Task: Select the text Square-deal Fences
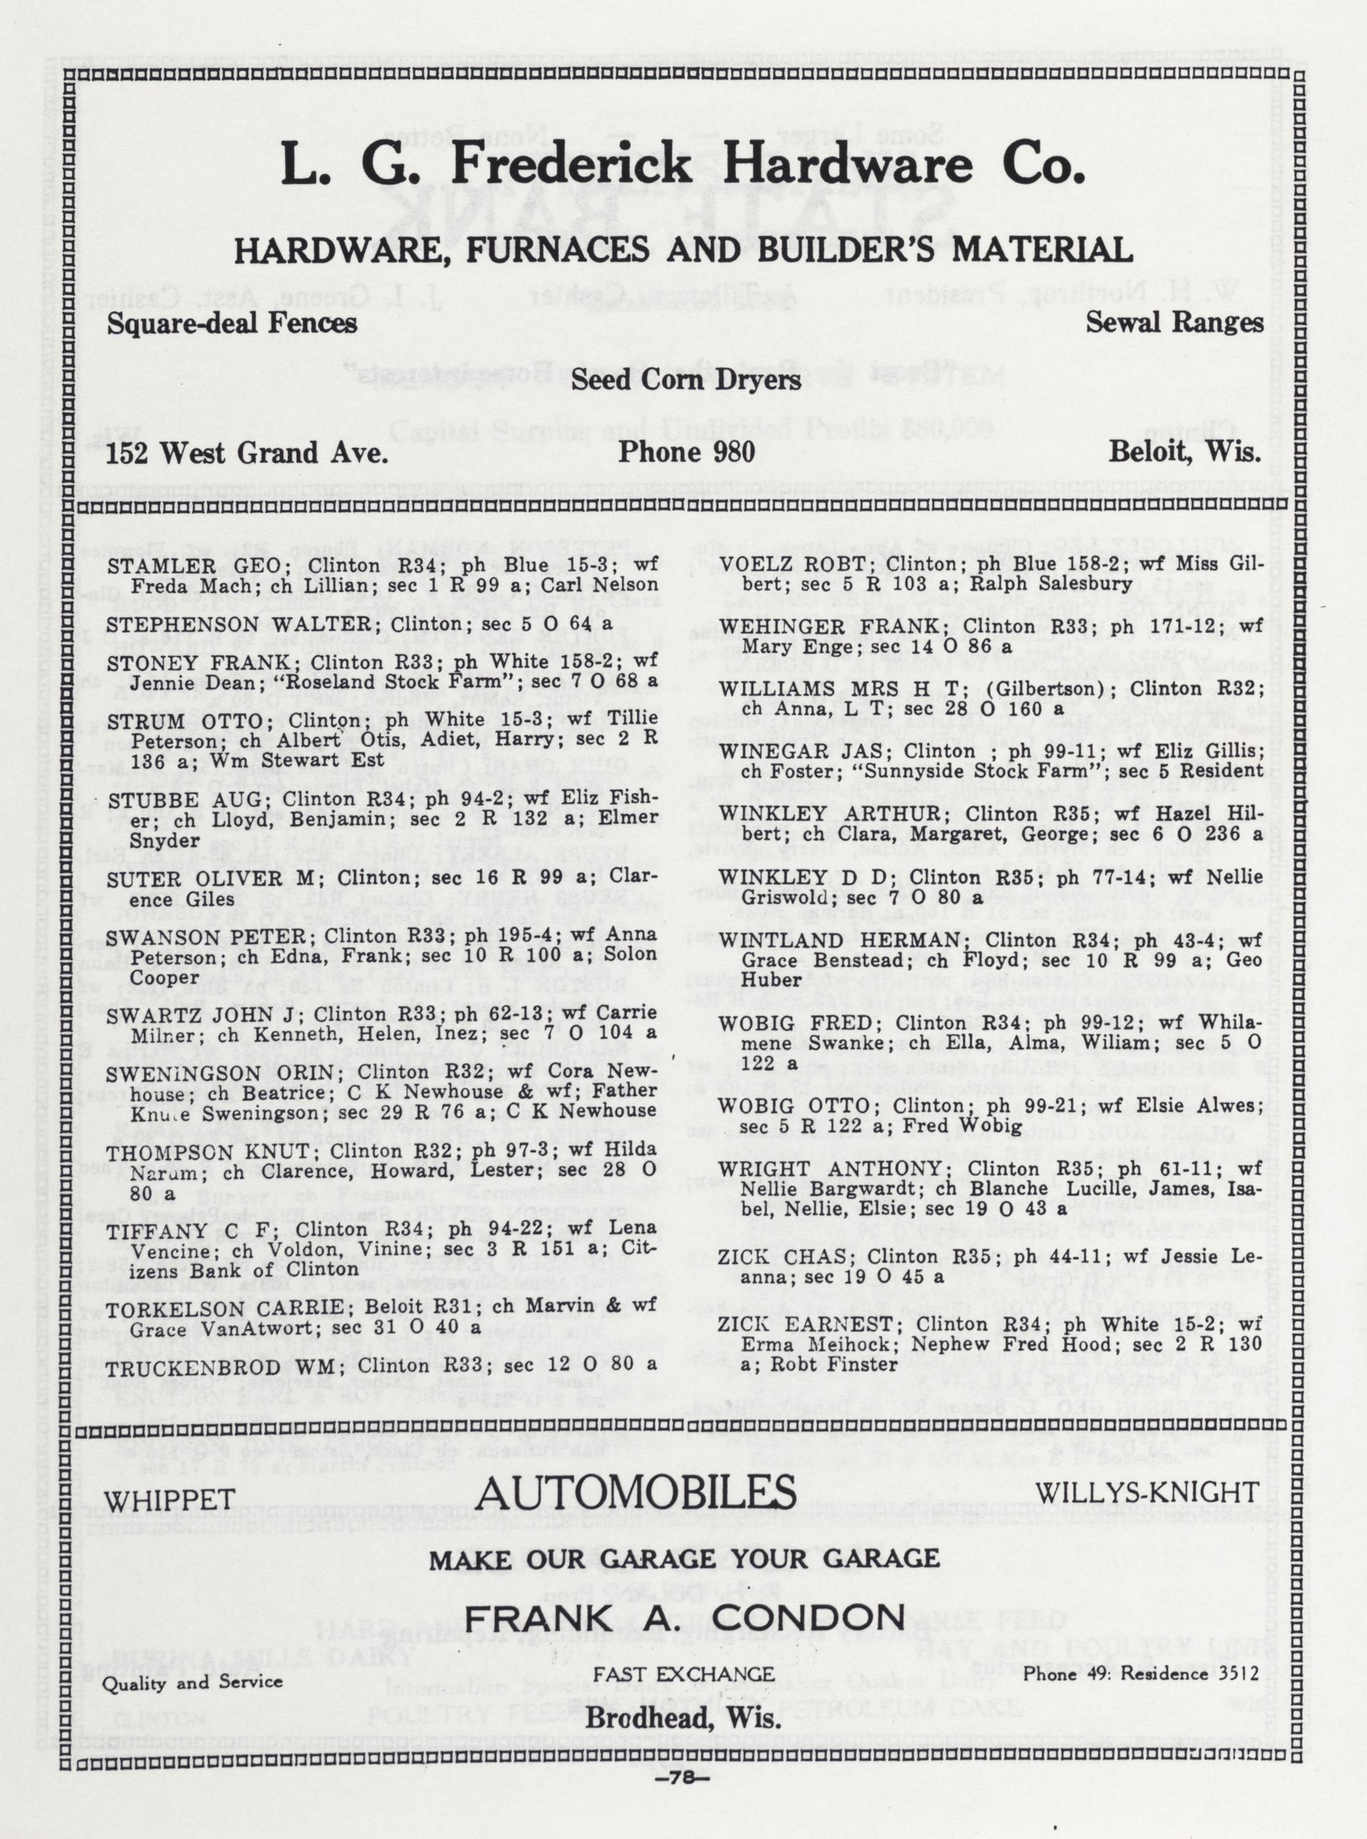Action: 232,323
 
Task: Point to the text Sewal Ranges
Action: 1174,323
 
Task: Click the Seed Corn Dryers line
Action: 685,380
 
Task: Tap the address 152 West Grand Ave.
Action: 247,453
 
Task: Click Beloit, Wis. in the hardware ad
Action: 1184,453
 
